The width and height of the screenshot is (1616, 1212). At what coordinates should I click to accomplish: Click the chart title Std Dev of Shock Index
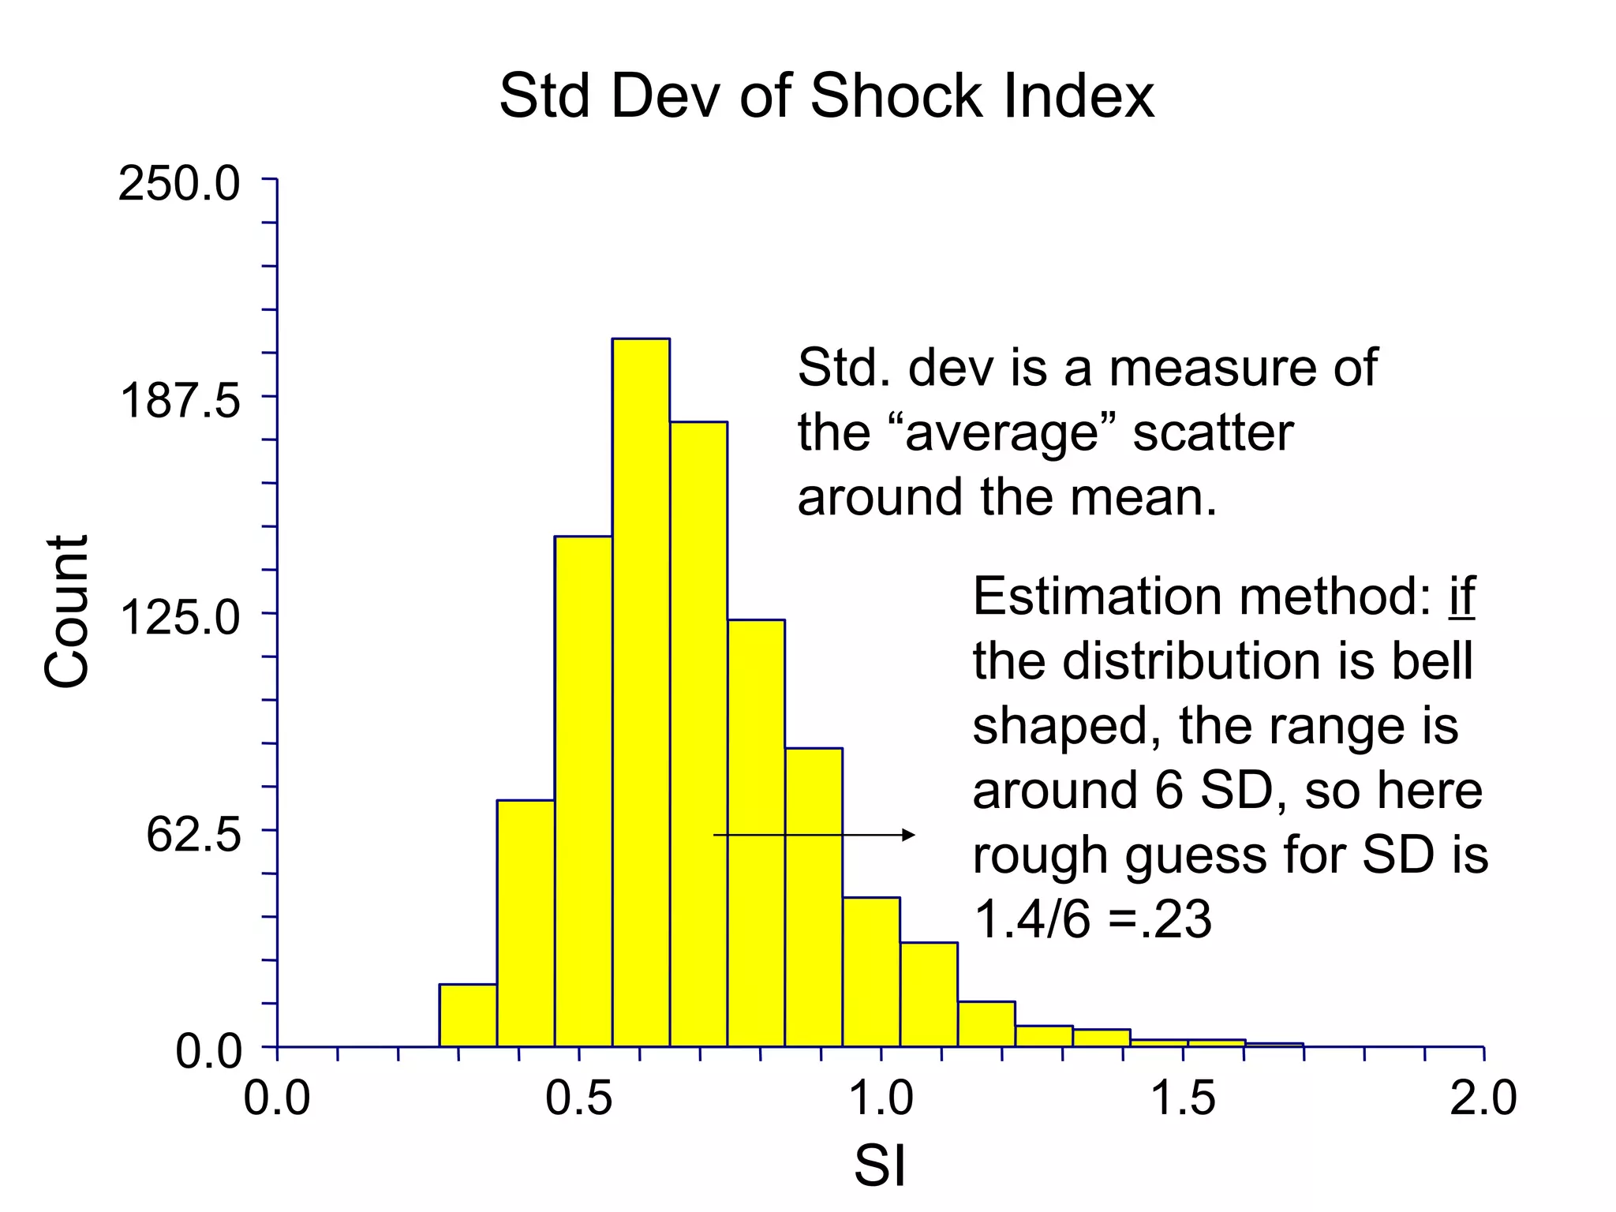(826, 96)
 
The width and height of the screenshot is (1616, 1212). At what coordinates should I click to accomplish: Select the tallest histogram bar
(641, 694)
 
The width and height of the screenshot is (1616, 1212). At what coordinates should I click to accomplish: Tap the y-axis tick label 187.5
(180, 400)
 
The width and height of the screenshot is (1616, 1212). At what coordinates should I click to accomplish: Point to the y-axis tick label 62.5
(193, 835)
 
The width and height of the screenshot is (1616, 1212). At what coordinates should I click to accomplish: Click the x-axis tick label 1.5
(1182, 1098)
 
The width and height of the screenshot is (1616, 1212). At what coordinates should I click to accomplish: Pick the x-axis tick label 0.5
(578, 1098)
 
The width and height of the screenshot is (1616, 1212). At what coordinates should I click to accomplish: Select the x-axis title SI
(880, 1166)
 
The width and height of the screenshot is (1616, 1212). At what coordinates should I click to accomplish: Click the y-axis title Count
(67, 612)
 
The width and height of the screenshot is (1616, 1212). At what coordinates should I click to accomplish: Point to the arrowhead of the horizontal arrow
(909, 835)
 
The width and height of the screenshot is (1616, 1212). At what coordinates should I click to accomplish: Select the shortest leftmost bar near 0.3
(468, 1016)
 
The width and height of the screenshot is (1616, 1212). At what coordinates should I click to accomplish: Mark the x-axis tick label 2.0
(1483, 1098)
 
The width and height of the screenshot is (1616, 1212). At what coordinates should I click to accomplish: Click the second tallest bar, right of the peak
(698, 734)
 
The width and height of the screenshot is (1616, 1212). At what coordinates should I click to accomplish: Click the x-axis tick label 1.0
(881, 1098)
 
